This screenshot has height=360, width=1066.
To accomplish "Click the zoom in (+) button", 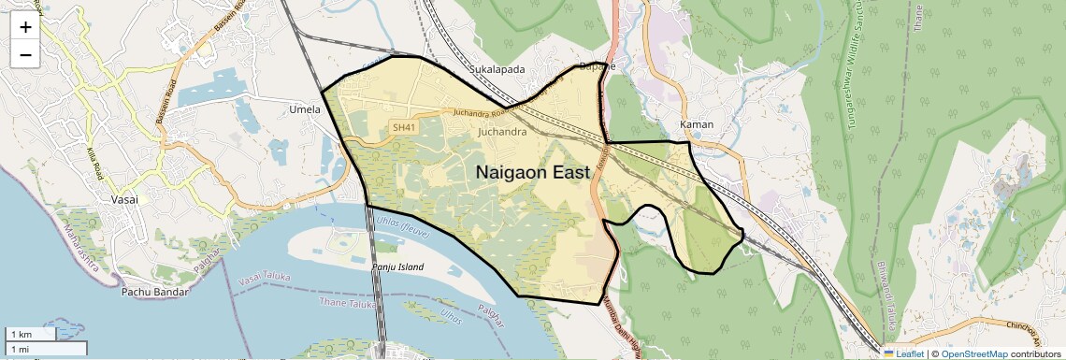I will tap(25, 27).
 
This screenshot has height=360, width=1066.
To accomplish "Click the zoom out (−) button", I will tap(25, 54).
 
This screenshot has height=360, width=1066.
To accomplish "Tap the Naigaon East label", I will tap(533, 173).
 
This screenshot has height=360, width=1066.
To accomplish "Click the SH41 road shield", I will tap(403, 127).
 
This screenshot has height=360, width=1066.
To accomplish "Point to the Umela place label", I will tap(305, 109).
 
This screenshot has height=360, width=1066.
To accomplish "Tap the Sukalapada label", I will tap(497, 69).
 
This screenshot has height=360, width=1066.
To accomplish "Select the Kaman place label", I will tap(698, 124).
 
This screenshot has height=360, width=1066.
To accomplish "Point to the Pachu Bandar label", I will tap(155, 292).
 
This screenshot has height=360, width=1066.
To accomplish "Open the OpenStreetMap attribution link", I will tap(974, 353).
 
